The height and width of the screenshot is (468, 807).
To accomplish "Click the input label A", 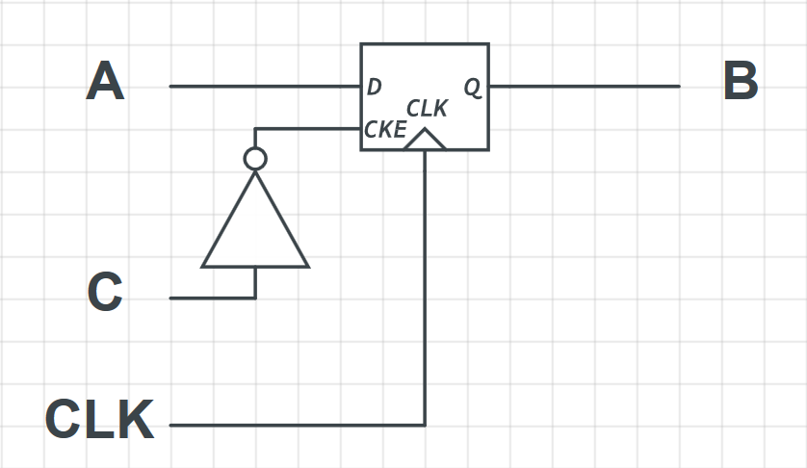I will [x=105, y=82].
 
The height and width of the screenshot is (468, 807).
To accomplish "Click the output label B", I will [x=741, y=82].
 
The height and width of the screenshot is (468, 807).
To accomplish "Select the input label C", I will [x=105, y=293].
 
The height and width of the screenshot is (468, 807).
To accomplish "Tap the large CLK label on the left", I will [x=99, y=420].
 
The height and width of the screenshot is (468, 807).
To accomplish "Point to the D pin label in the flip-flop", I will [x=375, y=87].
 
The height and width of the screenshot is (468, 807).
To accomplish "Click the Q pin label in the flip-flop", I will [x=473, y=87].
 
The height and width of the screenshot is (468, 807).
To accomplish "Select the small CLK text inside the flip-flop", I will [x=427, y=109].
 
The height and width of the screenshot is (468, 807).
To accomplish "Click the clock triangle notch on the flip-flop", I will [x=425, y=141].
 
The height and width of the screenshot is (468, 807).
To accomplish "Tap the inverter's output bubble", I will [x=255, y=159].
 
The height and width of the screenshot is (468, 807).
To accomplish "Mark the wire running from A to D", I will [x=265, y=86].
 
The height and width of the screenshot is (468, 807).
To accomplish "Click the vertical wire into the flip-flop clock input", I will [x=425, y=289].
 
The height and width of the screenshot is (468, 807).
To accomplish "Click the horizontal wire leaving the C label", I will [x=212, y=298].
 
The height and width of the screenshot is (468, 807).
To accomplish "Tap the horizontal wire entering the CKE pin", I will [x=308, y=129].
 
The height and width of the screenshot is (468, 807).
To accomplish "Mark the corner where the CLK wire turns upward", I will [x=425, y=425].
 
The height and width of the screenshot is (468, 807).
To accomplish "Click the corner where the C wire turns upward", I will [x=255, y=298].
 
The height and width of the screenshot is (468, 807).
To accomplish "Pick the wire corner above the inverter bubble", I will [x=255, y=129].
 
